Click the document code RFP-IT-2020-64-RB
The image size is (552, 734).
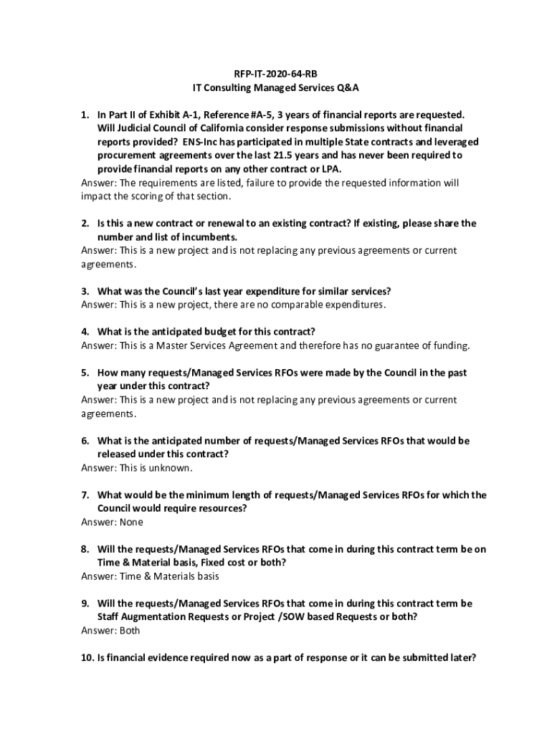pos(275,74)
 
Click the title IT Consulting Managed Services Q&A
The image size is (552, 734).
pos(275,87)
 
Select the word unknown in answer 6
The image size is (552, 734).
pos(173,468)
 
